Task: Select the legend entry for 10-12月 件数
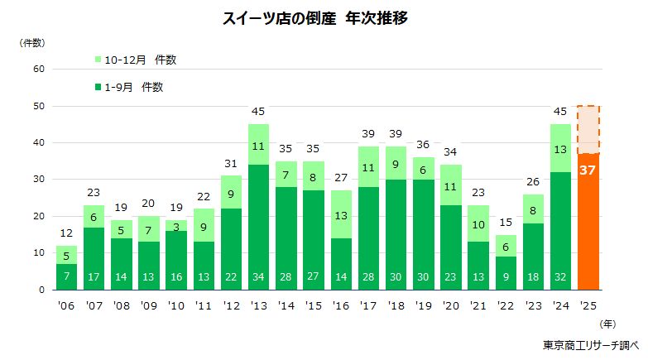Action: point(136,60)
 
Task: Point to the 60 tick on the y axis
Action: point(38,70)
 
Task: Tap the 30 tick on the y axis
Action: point(38,180)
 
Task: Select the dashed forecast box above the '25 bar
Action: point(588,129)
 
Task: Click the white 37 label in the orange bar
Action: point(588,170)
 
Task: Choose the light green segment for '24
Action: point(561,148)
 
